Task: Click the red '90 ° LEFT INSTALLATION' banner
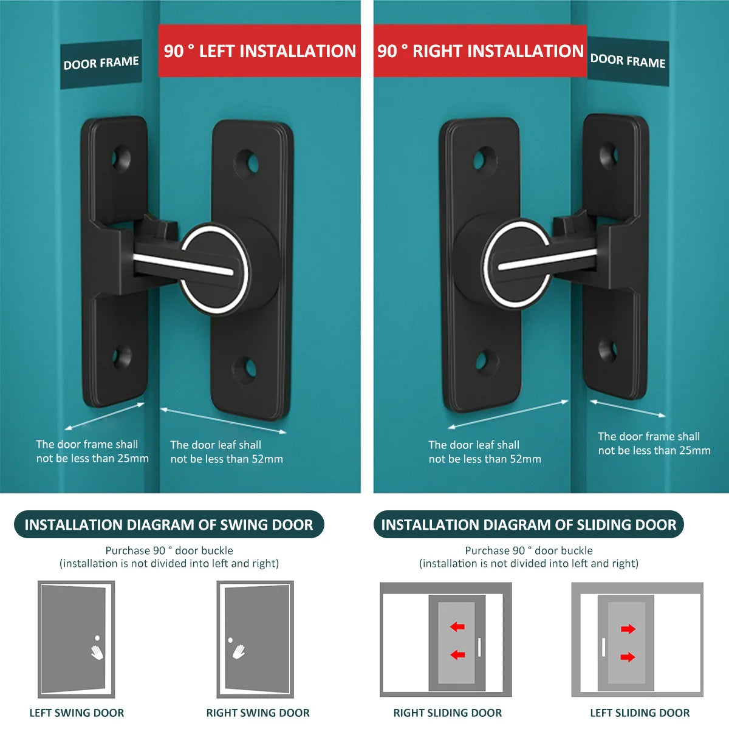[x=259, y=51]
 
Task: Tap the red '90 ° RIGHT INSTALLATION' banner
[x=480, y=51]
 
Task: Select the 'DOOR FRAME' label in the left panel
[x=101, y=63]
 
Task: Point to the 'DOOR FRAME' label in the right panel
[x=628, y=61]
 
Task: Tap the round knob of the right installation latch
[x=517, y=264]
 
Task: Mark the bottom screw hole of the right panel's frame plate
[x=607, y=349]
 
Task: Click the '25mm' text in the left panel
[x=133, y=459]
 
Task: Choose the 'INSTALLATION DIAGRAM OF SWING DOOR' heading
[x=169, y=525]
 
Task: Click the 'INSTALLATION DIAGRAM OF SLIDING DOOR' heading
[x=529, y=525]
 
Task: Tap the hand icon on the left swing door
[x=97, y=651]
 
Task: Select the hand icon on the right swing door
[x=239, y=651]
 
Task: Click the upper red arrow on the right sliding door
[x=457, y=626]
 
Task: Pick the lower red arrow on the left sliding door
[x=628, y=657]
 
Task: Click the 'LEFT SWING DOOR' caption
[x=77, y=713]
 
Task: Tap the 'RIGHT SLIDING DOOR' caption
[x=447, y=713]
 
